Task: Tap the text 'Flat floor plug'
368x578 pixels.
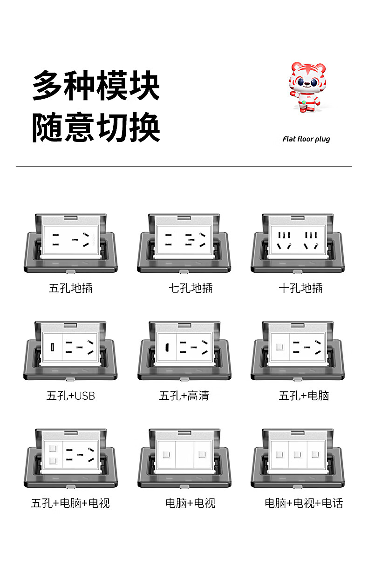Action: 306,139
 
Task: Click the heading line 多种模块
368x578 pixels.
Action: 96,86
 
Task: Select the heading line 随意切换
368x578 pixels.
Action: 96,127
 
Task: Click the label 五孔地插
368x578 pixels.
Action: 71,288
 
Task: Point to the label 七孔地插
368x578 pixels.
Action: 191,288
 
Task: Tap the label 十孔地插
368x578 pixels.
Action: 300,288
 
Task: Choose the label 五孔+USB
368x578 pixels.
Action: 71,396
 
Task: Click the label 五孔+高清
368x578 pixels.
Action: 184,396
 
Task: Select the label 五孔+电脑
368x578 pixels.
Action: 304,396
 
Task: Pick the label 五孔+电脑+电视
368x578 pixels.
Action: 71,503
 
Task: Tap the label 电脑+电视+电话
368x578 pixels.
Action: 304,503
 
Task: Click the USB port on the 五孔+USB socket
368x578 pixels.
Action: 52,347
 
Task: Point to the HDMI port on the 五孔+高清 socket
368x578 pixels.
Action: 166,347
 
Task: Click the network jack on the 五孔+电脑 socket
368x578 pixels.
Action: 279,347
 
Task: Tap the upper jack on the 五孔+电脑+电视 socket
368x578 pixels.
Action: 52,449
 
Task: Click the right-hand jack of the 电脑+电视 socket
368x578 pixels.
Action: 202,454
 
